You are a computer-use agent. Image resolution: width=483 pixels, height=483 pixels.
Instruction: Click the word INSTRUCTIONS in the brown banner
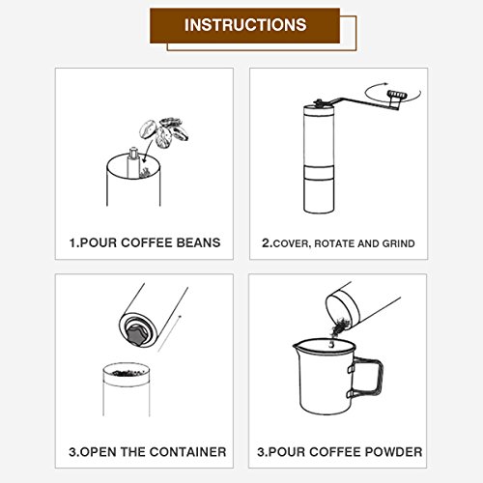(245, 25)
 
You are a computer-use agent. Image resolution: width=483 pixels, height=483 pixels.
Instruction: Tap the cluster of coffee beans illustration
(164, 132)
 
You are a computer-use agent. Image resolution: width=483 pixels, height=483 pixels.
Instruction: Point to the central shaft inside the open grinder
(132, 162)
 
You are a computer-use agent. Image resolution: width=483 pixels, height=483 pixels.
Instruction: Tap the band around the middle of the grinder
(319, 172)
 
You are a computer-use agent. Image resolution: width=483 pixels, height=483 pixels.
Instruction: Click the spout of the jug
(297, 347)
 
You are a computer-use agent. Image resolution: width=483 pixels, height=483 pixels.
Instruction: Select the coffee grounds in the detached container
(128, 374)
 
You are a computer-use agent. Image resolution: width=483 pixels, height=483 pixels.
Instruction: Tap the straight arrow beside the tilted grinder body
(169, 333)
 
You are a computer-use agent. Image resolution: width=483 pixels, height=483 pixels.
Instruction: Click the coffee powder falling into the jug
(338, 329)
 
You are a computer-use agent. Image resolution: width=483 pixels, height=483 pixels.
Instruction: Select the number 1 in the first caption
(73, 243)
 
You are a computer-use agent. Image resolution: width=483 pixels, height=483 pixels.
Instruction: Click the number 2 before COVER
(266, 243)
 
